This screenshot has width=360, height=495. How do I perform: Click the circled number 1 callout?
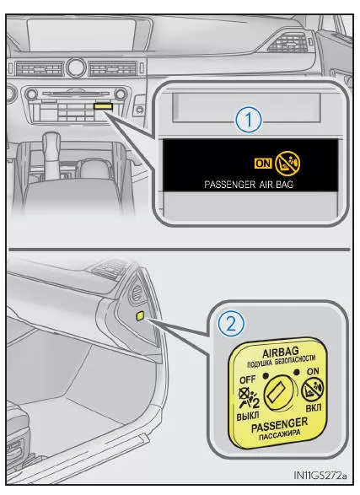[x=249, y=121]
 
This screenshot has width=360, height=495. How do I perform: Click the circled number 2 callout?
[x=231, y=324]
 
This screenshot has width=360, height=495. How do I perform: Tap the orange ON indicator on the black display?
[x=263, y=164]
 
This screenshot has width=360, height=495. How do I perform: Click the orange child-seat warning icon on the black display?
[x=287, y=164]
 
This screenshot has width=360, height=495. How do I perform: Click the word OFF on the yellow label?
[x=248, y=379]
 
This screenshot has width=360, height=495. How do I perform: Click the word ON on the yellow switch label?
[x=313, y=372]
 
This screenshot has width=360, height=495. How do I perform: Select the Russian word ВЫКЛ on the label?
[x=248, y=416]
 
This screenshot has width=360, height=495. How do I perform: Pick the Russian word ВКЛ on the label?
[x=314, y=407]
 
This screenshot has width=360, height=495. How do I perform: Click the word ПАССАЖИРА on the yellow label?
[x=280, y=434]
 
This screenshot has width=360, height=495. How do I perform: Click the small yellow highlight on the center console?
[x=103, y=106]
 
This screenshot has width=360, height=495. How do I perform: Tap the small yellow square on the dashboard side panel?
[x=141, y=315]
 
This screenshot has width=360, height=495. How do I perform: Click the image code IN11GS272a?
[x=320, y=475]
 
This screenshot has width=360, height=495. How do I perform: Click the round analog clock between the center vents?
[x=76, y=67]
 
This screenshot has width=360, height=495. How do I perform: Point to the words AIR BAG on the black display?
[x=277, y=185]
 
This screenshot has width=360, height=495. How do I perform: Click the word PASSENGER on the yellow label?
[x=279, y=425]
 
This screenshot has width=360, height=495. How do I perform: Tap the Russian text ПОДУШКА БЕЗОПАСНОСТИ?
[x=281, y=362]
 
